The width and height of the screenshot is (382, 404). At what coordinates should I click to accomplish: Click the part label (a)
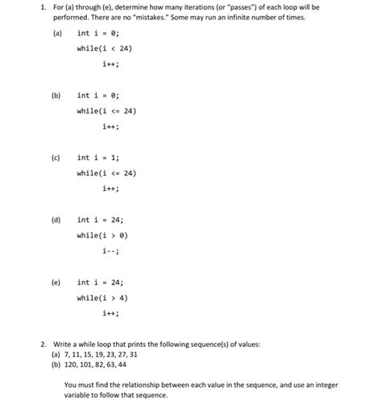[57, 33]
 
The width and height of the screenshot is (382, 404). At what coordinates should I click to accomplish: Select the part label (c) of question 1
[57, 158]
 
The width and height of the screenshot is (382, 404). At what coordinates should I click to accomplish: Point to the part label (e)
[57, 282]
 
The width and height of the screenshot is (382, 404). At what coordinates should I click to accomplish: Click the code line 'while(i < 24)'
[104, 48]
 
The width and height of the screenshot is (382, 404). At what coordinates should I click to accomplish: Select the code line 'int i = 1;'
[98, 158]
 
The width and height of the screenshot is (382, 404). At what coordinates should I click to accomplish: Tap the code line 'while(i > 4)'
[102, 298]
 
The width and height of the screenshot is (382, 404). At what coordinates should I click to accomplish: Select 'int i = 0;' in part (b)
[98, 96]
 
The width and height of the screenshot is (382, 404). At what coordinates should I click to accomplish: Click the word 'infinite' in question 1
[254, 17]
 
